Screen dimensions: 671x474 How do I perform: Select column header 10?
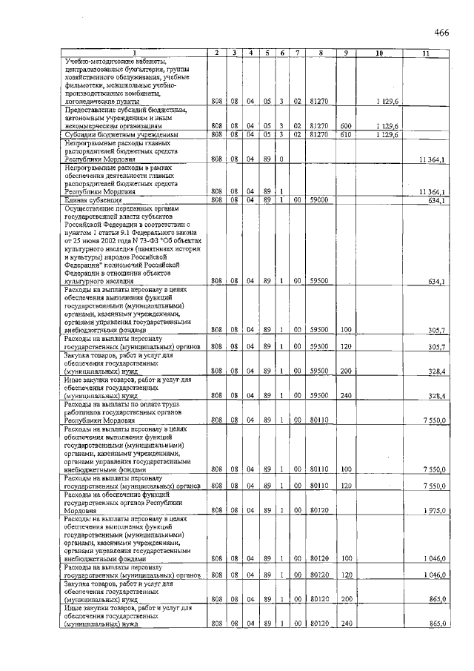[x=378, y=53]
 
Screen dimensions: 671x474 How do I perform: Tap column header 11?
[x=425, y=53]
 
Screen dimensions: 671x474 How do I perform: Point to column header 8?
[x=319, y=53]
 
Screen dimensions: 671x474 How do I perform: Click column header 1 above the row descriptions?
[x=133, y=53]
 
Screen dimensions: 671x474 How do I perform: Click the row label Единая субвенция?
[x=92, y=199]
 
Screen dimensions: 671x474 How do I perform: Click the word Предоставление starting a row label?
[x=92, y=110]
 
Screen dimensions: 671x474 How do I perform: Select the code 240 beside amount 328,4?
[x=345, y=396]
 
